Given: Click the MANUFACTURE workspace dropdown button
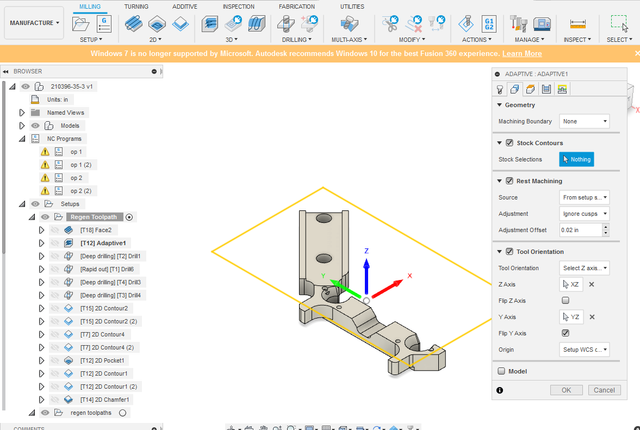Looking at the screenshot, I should pyautogui.click(x=35, y=23).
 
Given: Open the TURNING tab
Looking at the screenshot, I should pyautogui.click(x=136, y=7).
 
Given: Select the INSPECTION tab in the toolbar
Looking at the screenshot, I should pyautogui.click(x=238, y=7).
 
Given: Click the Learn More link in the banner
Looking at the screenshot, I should pyautogui.click(x=522, y=53).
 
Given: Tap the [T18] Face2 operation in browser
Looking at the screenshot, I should pyautogui.click(x=96, y=230).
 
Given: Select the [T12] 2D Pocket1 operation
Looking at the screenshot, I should pyautogui.click(x=103, y=360).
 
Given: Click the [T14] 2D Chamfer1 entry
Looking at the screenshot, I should pyautogui.click(x=105, y=400).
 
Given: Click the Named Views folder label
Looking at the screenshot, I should pyautogui.click(x=65, y=113).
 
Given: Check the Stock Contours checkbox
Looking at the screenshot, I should pyautogui.click(x=509, y=143).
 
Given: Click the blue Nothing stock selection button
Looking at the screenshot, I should pyautogui.click(x=576, y=159).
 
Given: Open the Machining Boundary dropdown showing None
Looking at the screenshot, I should pyautogui.click(x=584, y=121).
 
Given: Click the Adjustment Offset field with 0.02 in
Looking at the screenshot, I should pyautogui.click(x=580, y=230).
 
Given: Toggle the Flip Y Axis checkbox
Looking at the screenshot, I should pyautogui.click(x=566, y=333).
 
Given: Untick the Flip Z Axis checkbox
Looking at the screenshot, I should pyautogui.click(x=566, y=301).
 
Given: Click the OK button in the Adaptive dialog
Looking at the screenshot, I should pyautogui.click(x=566, y=390).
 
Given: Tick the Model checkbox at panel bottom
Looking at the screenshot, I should pyautogui.click(x=501, y=371).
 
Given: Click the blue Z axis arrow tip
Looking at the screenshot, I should pyautogui.click(x=366, y=263).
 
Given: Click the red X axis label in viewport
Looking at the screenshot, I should pyautogui.click(x=409, y=276).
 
